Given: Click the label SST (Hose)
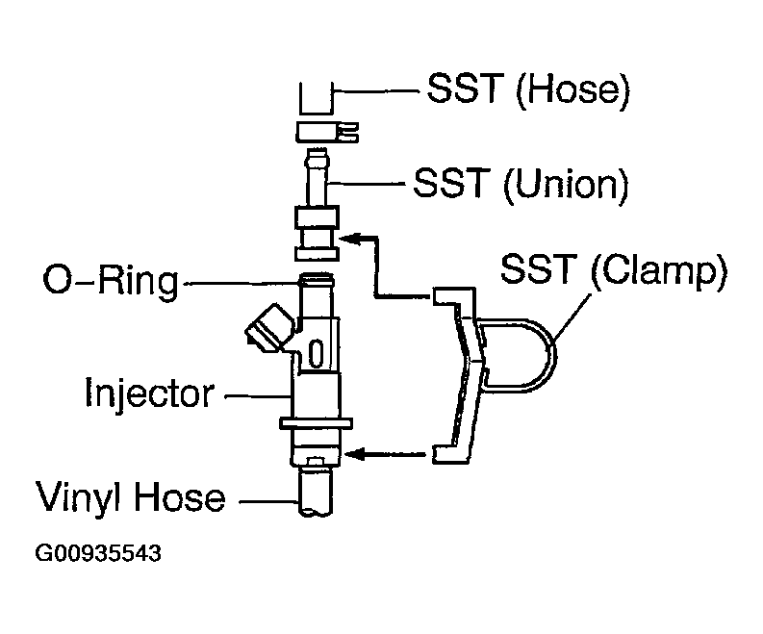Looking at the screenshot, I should [527, 91].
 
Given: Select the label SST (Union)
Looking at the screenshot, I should [520, 182].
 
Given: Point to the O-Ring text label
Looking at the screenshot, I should [111, 283].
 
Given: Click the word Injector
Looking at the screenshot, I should [148, 393].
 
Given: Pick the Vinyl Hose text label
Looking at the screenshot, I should [131, 497].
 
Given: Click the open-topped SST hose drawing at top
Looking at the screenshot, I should [315, 99].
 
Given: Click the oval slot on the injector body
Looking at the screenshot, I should [314, 353].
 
